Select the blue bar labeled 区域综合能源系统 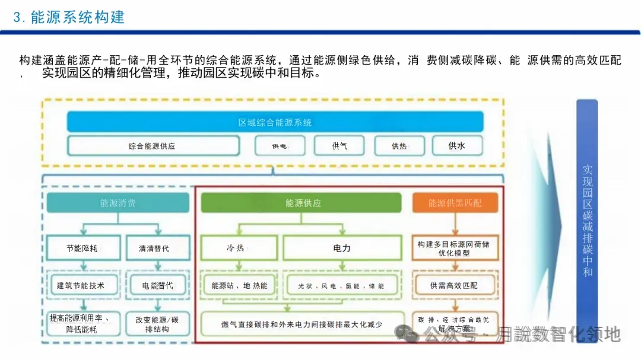point(275,123)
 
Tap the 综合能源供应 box point(153,146)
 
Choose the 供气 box point(339,146)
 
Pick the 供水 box point(456,145)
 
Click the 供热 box point(399,146)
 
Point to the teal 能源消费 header point(118,203)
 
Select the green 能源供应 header point(303,203)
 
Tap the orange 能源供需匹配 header point(455,203)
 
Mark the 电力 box point(342,249)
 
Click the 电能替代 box point(157,285)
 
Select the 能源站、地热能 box point(239,285)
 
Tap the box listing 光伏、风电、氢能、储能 point(341,285)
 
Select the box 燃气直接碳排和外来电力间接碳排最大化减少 point(302,324)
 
